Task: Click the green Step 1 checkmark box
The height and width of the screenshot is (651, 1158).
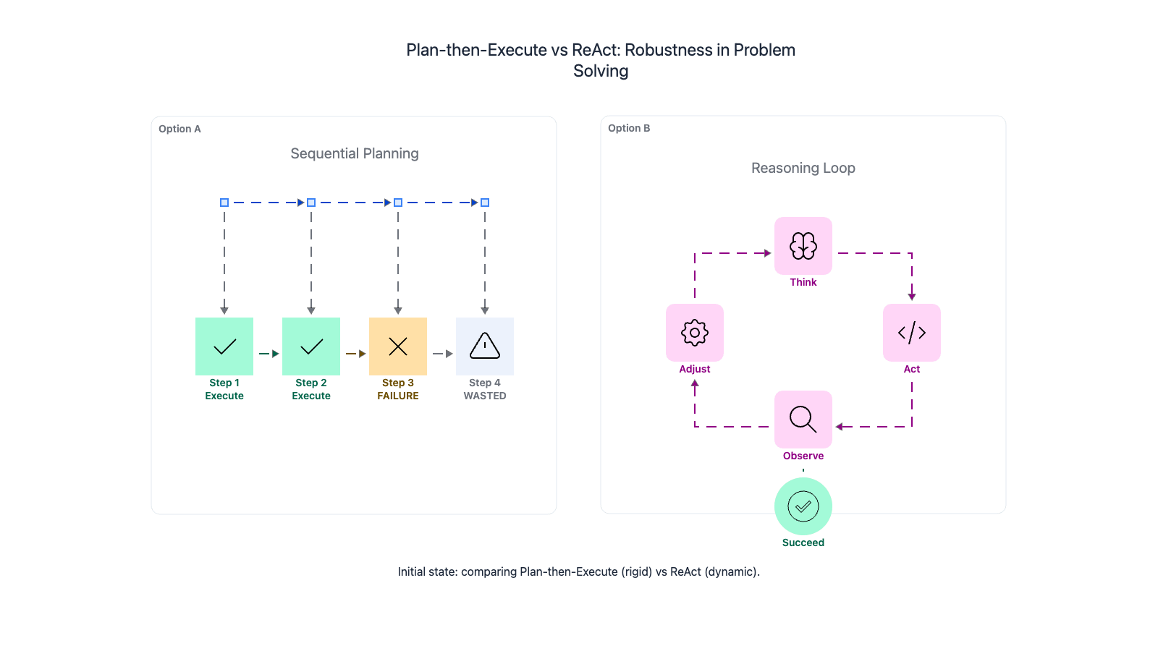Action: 224,346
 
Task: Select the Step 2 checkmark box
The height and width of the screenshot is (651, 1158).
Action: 311,346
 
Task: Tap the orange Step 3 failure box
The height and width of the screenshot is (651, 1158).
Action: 398,346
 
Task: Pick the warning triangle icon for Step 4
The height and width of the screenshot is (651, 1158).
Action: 485,346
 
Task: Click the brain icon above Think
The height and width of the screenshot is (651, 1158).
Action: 803,246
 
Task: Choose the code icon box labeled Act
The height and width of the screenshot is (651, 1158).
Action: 912,333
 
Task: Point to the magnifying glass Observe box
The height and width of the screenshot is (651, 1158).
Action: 803,420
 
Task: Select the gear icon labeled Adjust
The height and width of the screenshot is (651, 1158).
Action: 695,333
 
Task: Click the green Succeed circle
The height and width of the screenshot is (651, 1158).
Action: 803,506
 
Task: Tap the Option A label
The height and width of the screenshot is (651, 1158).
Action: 179,129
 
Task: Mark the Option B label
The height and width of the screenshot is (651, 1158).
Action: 629,128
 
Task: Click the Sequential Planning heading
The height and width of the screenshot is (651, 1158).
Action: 355,153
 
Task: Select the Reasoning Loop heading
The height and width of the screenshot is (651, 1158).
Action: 803,168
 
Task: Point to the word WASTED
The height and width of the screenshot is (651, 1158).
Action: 485,396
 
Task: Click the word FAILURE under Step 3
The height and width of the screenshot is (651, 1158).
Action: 398,396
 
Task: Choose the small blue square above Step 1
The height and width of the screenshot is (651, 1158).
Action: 224,203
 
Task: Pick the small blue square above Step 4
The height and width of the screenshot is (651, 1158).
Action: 485,203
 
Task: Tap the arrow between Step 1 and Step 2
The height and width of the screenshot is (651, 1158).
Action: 269,354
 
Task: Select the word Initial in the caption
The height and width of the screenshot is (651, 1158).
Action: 414,571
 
